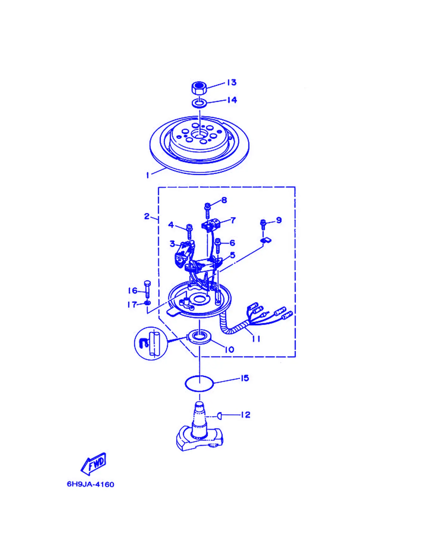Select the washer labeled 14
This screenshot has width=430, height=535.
point(200,103)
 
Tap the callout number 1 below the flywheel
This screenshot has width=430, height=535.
point(147,175)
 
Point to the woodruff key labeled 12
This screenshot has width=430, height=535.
point(219,415)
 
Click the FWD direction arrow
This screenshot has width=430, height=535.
point(94,464)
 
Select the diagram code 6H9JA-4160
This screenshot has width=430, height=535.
point(90,484)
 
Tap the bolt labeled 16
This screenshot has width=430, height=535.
point(147,289)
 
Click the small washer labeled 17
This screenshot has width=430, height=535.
point(147,303)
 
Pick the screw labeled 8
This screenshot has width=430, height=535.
point(208,210)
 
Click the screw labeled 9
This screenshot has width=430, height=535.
point(263,224)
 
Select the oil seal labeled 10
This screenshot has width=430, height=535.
point(199,337)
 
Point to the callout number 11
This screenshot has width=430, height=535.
point(256,339)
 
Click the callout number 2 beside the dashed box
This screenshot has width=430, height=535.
point(147,216)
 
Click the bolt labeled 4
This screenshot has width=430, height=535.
point(189,231)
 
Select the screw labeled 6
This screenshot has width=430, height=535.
point(218,246)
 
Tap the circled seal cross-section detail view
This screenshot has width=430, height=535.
point(151,343)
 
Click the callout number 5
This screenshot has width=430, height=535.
point(233,255)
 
